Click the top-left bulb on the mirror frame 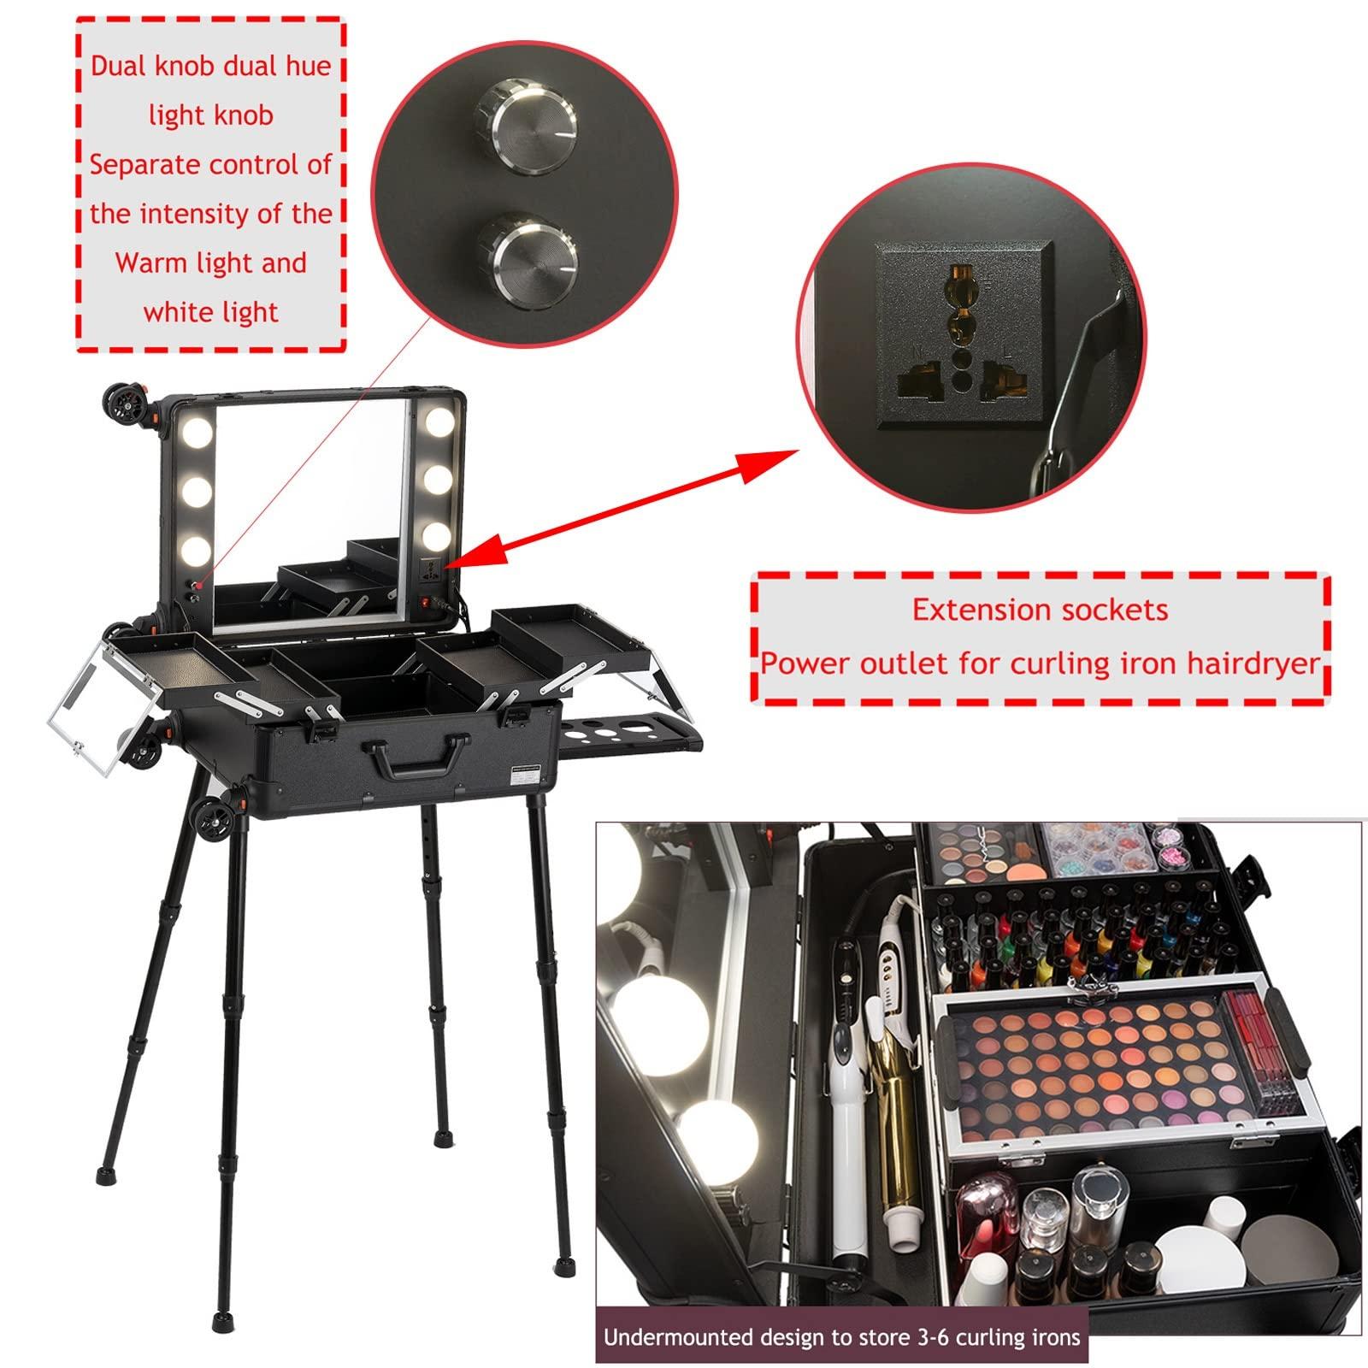pos(195,421)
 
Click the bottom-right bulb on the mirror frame pos(436,536)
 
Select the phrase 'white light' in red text pos(210,313)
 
